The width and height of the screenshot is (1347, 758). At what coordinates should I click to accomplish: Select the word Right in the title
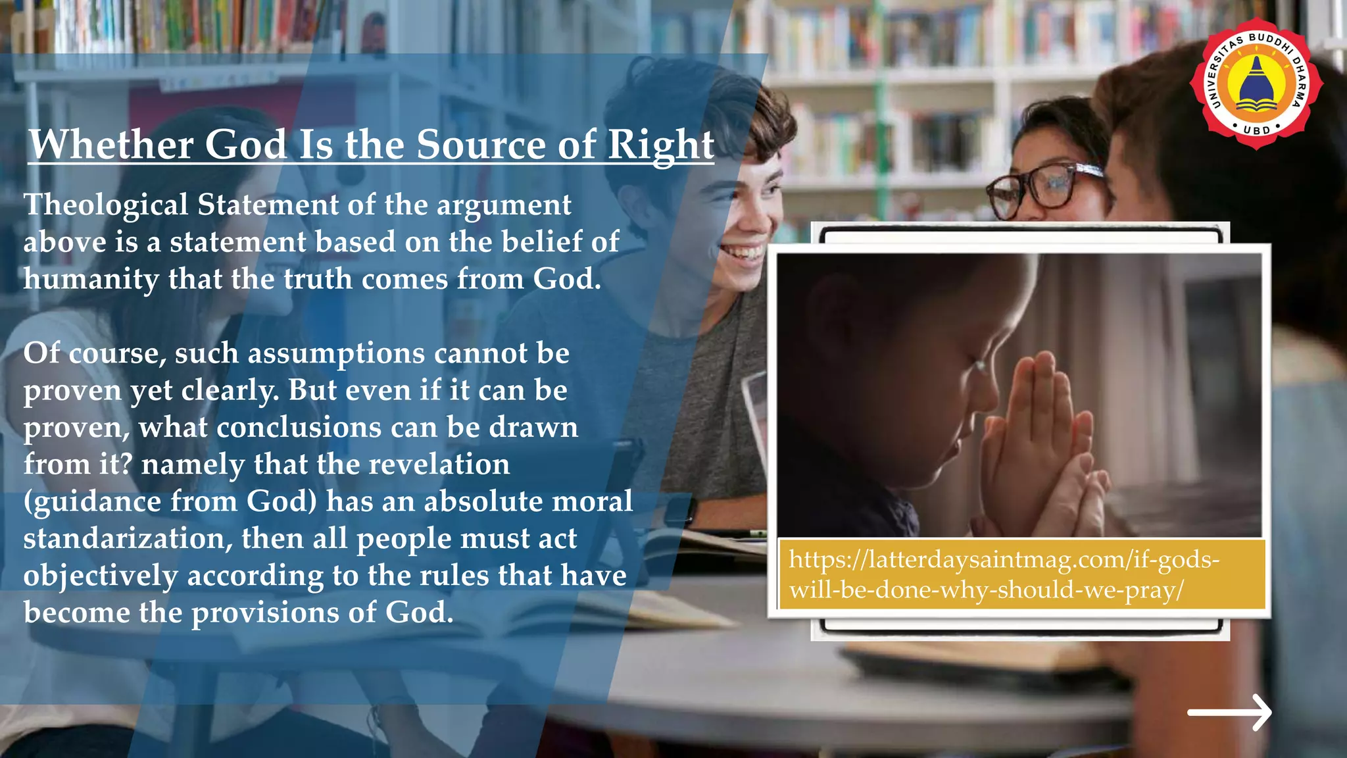pyautogui.click(x=660, y=144)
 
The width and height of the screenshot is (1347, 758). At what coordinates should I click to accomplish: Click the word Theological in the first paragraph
pyautogui.click(x=106, y=205)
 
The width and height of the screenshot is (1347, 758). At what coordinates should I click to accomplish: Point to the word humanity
pyautogui.click(x=91, y=280)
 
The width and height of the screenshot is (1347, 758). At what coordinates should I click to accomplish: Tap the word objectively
pyautogui.click(x=101, y=576)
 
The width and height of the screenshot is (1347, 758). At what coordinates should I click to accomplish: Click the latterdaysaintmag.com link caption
pyautogui.click(x=1004, y=574)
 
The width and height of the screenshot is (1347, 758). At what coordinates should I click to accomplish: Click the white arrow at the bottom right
pyautogui.click(x=1229, y=712)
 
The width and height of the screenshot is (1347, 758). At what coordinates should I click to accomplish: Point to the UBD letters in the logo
pyautogui.click(x=1256, y=130)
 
